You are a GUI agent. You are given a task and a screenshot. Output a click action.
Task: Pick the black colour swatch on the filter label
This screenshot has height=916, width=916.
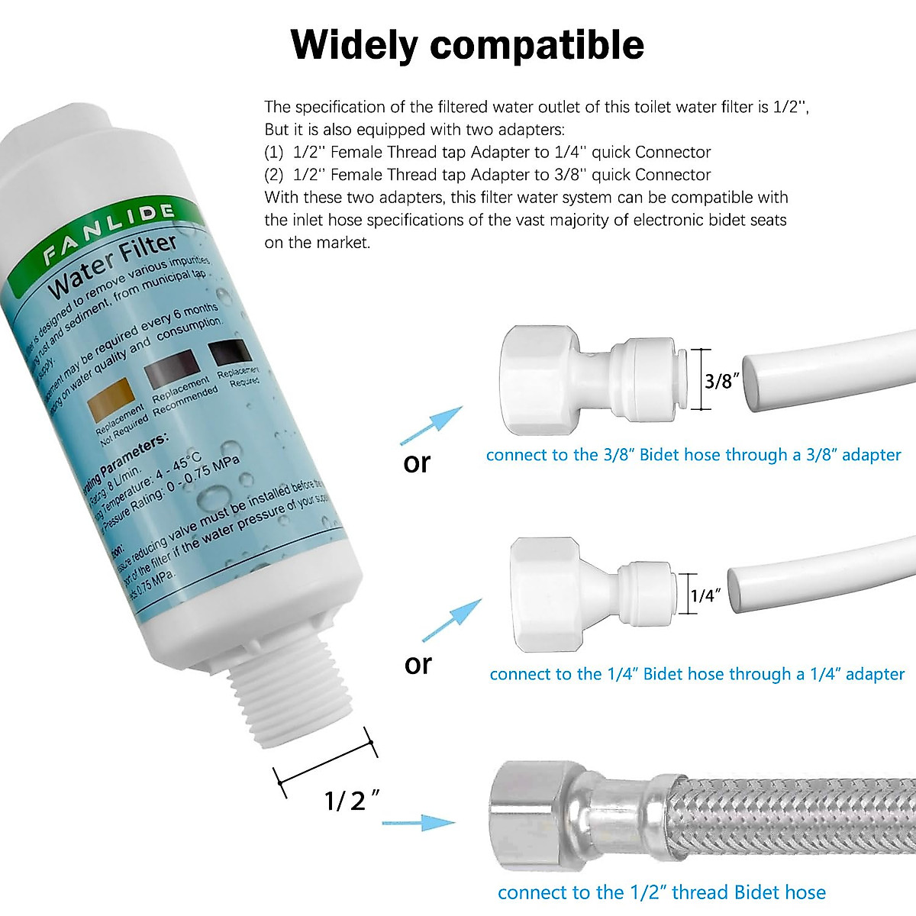click(x=230, y=352)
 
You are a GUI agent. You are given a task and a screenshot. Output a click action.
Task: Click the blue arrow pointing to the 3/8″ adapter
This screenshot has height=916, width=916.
click(x=433, y=424)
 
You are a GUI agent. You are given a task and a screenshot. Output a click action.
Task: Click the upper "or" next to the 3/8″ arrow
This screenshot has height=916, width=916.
click(x=417, y=463)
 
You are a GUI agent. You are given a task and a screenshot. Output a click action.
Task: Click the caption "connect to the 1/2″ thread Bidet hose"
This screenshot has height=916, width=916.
click(x=661, y=892)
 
